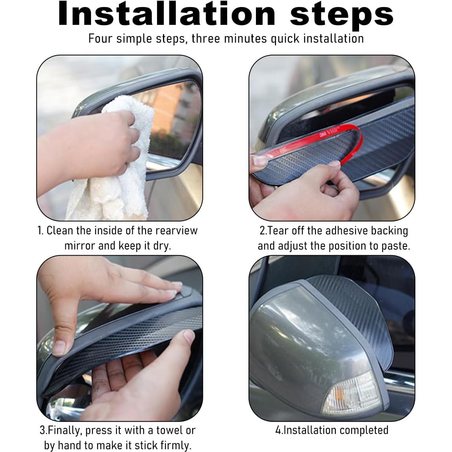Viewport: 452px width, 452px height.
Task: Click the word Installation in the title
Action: tap(167, 13)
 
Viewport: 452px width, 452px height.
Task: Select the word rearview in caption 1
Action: tap(176, 231)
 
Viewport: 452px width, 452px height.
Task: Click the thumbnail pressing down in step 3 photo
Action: tap(59, 347)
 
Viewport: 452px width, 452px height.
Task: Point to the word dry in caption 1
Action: tap(162, 246)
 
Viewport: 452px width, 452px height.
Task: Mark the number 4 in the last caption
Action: tap(278, 430)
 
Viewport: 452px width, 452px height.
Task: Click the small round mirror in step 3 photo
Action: tap(68, 402)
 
